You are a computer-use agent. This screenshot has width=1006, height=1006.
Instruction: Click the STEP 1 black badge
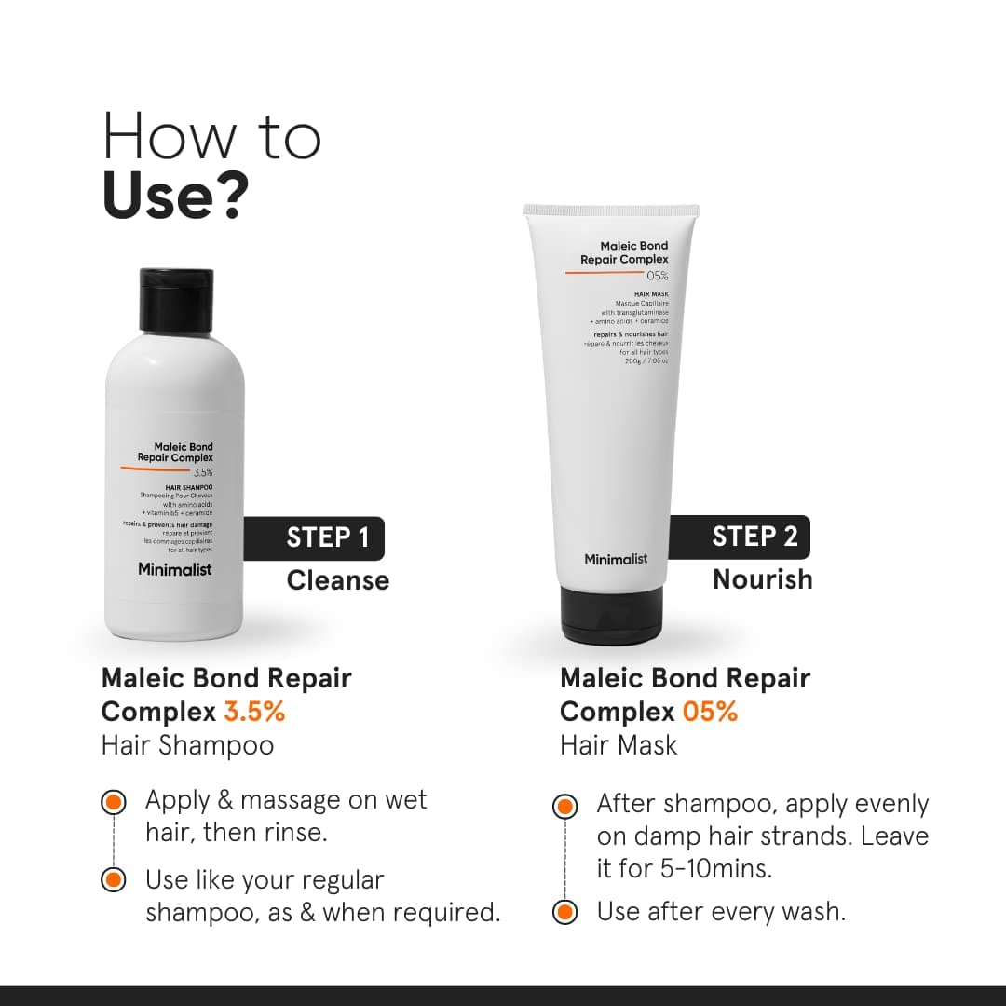(x=315, y=537)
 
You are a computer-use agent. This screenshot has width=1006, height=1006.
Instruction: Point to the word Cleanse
(x=337, y=580)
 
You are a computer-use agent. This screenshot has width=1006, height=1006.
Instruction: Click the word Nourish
(x=762, y=579)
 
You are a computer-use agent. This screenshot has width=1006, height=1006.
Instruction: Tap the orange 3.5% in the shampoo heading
(x=254, y=712)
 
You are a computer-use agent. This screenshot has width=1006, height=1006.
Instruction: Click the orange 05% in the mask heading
(x=710, y=713)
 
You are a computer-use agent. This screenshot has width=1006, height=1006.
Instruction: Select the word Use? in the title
(x=176, y=197)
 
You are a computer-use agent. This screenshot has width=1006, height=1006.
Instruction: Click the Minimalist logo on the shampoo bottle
(x=174, y=569)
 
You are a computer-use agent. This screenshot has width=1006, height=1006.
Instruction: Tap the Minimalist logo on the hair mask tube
(x=616, y=559)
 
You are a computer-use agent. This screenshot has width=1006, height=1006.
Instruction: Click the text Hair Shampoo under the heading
(x=187, y=745)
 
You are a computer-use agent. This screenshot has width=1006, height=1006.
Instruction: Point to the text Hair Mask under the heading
(x=619, y=745)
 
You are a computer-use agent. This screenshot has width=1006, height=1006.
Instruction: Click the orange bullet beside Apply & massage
(x=113, y=801)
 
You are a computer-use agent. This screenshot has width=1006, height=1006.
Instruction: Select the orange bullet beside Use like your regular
(x=113, y=879)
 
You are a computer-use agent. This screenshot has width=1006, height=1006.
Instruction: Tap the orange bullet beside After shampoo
(x=564, y=805)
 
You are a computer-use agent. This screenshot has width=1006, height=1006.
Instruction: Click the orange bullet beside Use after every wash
(x=564, y=911)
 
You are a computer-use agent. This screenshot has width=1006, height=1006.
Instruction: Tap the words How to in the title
(x=211, y=137)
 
